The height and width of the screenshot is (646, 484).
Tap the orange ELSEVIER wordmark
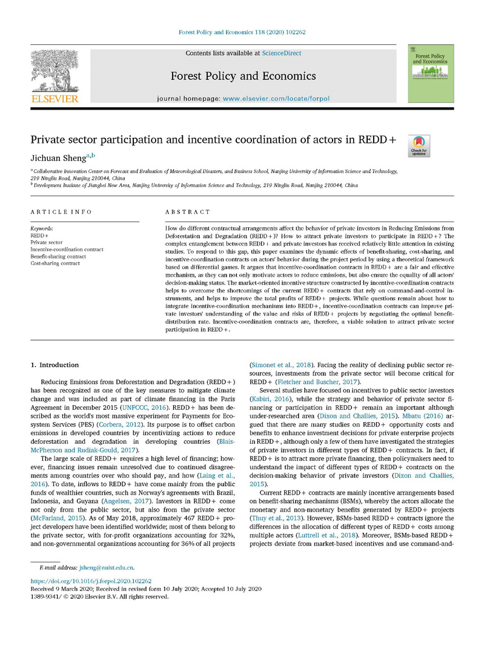coord(54,99)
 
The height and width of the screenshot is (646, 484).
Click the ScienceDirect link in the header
coord(281,53)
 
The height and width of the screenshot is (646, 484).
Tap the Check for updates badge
coord(419,146)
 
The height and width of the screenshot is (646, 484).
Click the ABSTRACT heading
coord(188,213)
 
